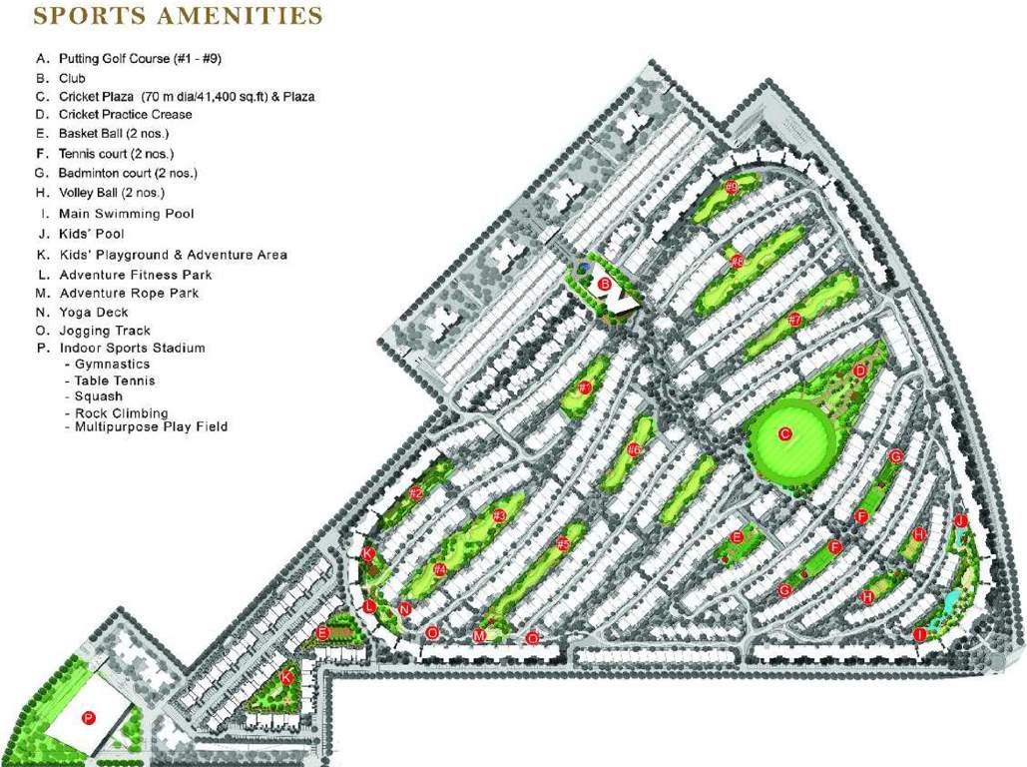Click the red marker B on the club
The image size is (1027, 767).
(x=603, y=284)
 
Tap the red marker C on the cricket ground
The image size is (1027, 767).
(x=784, y=433)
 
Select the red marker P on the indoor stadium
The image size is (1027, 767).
(x=88, y=717)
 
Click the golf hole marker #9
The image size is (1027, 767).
(x=732, y=188)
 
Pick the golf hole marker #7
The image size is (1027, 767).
(x=795, y=320)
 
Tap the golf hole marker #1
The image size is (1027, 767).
(x=586, y=387)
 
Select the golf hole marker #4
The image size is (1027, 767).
(x=439, y=570)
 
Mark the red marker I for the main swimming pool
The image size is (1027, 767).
(x=919, y=634)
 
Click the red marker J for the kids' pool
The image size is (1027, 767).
(x=960, y=521)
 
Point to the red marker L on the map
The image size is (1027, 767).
(x=370, y=606)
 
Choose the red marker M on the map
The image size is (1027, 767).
(x=479, y=636)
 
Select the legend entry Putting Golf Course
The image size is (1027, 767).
(x=140, y=59)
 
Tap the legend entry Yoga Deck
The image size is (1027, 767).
(x=94, y=313)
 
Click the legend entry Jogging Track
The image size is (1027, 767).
(x=105, y=331)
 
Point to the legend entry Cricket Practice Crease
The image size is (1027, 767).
(x=126, y=115)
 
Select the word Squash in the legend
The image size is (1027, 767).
(x=99, y=396)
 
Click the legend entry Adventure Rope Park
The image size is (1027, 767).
(x=129, y=294)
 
